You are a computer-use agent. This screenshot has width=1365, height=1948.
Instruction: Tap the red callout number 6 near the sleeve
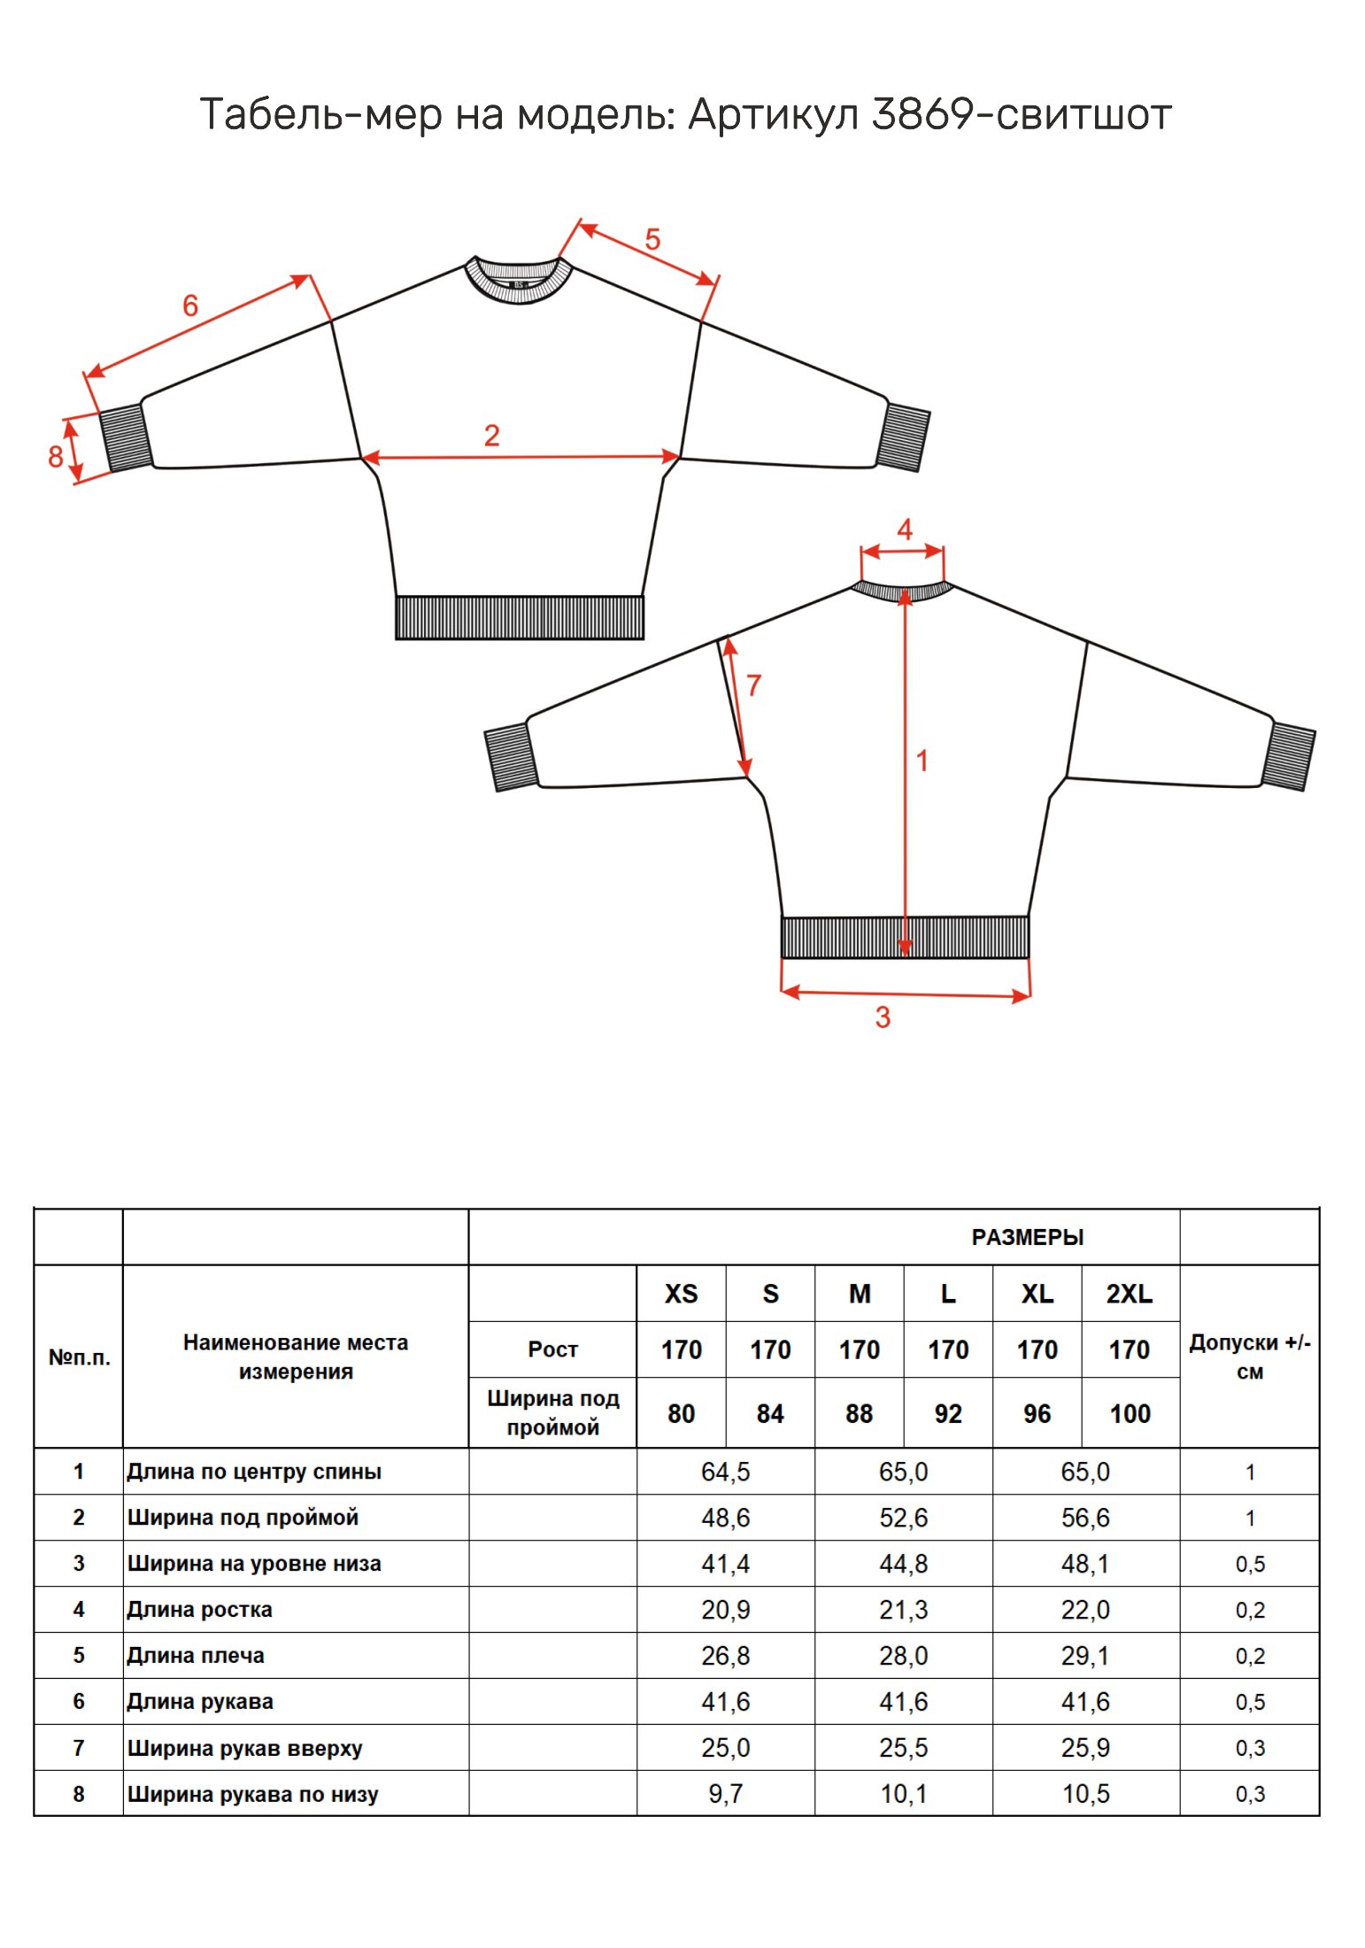click(190, 306)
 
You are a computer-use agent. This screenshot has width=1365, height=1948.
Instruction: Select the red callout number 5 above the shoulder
click(652, 240)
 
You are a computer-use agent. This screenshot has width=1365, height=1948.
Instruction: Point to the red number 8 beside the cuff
click(55, 457)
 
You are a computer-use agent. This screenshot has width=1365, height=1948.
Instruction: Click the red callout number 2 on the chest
click(491, 436)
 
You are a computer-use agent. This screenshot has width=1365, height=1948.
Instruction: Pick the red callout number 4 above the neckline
click(904, 530)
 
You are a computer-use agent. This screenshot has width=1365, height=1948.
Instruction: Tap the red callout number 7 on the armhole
click(753, 685)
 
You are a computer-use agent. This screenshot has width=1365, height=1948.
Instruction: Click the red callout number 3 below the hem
click(883, 1017)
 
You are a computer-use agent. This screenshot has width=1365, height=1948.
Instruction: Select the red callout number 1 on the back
click(922, 761)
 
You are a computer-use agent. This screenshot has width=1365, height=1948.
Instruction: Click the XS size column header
click(681, 1294)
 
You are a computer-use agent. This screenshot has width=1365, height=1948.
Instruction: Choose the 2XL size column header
click(1129, 1294)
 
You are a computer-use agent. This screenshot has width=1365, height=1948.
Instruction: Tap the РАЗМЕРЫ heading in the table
click(1027, 1237)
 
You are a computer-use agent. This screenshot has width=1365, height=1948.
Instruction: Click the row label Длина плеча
click(196, 1655)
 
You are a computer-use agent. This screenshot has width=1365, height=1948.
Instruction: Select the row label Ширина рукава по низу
click(253, 1794)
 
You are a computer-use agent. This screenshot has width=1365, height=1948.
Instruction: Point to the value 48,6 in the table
click(725, 1518)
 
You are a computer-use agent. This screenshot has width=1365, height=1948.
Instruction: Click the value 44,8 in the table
click(903, 1564)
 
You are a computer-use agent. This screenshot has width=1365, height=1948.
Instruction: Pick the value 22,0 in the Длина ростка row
click(1085, 1610)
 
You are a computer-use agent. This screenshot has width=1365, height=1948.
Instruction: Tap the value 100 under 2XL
click(1130, 1413)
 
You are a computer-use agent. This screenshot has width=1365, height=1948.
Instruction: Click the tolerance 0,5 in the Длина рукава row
click(1250, 1702)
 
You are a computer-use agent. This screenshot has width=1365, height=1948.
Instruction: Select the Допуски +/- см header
click(1249, 1357)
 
